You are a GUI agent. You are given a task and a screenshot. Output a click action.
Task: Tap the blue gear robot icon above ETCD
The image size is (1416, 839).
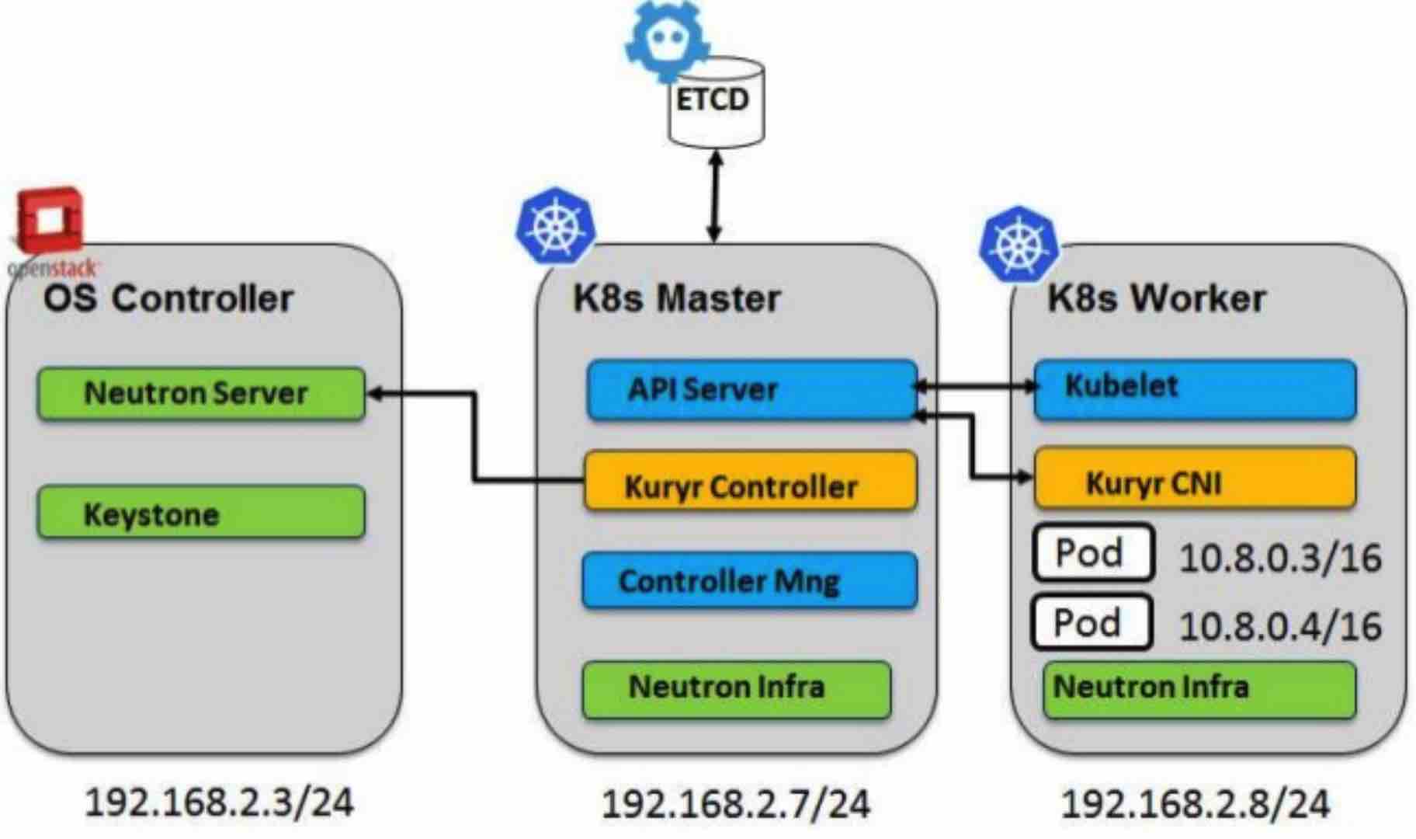[666, 39]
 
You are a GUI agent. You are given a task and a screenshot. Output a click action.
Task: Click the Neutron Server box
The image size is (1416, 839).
[200, 393]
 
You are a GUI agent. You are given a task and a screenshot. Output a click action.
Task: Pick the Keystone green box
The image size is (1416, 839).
[200, 513]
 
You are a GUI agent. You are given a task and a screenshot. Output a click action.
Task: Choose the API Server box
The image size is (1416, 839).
[751, 389]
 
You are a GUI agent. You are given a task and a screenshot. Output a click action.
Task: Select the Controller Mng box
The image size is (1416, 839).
[749, 580]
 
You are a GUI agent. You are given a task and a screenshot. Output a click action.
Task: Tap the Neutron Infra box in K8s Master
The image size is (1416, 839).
[736, 688]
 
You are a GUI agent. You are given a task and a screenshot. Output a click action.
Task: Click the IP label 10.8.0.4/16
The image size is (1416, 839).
[1279, 626]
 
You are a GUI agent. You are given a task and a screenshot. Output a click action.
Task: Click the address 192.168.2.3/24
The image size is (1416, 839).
[218, 802]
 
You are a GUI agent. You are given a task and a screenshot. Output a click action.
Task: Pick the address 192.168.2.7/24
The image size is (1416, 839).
[735, 804]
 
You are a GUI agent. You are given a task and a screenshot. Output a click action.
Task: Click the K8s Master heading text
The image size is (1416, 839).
[675, 298]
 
